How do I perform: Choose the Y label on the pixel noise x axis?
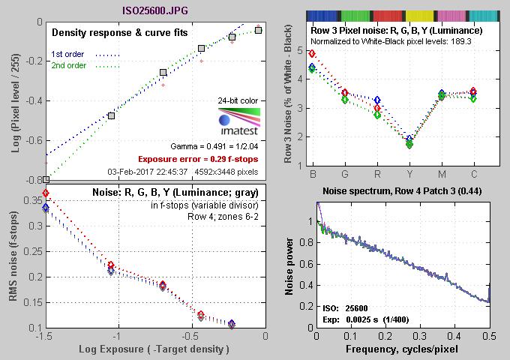[x=409, y=173]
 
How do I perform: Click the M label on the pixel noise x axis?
[x=441, y=173]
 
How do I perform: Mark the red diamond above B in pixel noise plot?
[x=312, y=54]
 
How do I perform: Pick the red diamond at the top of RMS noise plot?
[x=46, y=193]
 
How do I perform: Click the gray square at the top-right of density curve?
[x=259, y=30]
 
